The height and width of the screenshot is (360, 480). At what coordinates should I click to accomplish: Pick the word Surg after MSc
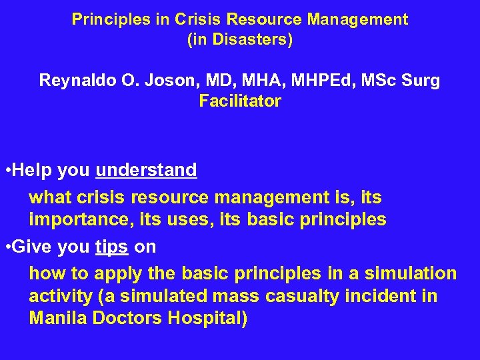423,81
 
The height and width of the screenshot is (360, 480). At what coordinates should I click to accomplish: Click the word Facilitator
240,102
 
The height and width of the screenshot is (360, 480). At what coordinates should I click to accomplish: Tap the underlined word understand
146,171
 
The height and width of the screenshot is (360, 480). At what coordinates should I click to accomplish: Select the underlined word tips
111,247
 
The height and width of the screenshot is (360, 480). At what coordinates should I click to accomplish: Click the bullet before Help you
7,171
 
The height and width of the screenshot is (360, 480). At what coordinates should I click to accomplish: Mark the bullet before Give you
7,248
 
